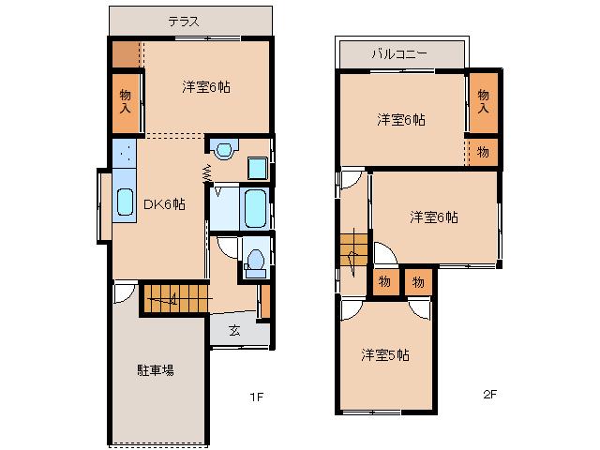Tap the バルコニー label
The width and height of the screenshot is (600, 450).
click(x=399, y=53)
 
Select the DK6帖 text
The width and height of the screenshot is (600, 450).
click(x=163, y=203)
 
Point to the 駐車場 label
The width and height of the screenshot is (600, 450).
click(x=155, y=370)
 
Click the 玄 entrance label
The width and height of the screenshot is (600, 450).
click(x=234, y=330)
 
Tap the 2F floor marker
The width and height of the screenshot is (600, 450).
click(x=489, y=395)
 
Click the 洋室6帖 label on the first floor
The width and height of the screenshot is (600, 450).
click(x=206, y=87)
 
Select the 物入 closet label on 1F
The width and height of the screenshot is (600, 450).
click(x=126, y=102)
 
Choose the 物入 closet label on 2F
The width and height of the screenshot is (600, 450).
click(x=483, y=102)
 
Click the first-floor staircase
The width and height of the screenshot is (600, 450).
click(x=173, y=298)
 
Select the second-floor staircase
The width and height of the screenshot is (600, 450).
click(x=354, y=253)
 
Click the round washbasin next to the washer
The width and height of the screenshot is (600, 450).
click(x=223, y=147)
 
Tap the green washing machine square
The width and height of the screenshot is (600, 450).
click(x=257, y=169)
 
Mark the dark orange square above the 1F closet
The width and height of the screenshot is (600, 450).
click(x=124, y=54)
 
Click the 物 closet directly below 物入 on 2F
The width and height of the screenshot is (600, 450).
click(x=483, y=151)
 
